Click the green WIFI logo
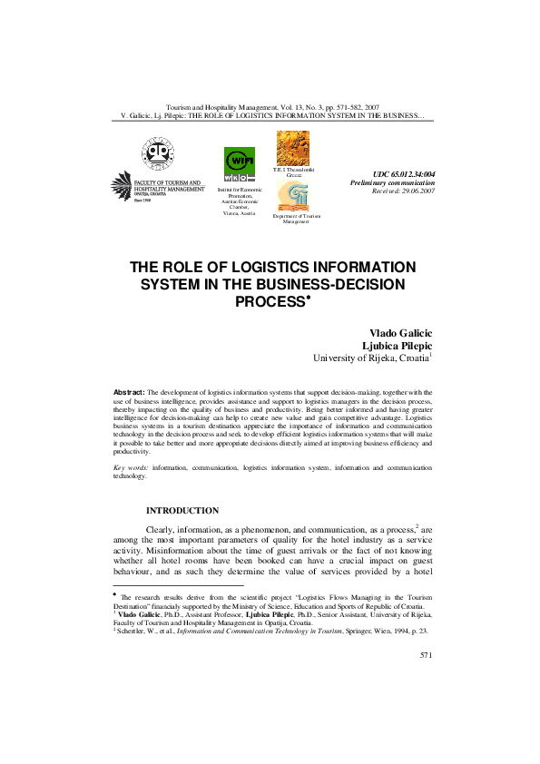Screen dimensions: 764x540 tap(240, 164)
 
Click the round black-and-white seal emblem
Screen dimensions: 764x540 tap(155, 152)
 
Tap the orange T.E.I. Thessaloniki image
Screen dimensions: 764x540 tap(292, 148)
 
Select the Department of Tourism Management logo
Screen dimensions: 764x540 tap(292, 196)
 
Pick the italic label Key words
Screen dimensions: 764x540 tap(130, 468)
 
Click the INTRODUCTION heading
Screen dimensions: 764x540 tap(182, 511)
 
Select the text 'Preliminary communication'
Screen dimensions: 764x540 tap(393, 182)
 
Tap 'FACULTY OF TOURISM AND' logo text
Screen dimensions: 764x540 tap(169, 182)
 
